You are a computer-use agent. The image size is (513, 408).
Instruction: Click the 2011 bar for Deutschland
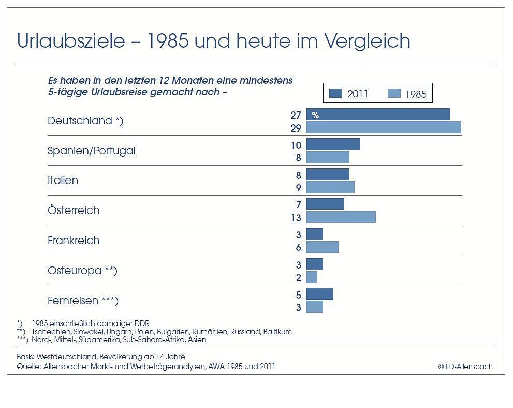tap(378, 115)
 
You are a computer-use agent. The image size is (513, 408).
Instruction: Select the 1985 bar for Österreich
tap(341, 217)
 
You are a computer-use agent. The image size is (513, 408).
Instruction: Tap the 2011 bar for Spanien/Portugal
tap(333, 145)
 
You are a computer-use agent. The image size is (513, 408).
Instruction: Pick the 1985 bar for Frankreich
tap(322, 247)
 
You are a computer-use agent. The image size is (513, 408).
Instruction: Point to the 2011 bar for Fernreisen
tap(319, 294)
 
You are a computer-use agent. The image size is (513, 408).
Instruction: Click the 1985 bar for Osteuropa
tap(312, 277)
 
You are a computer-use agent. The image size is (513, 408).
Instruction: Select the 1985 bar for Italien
tap(330, 187)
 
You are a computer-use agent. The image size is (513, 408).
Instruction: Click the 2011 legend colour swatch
tap(336, 93)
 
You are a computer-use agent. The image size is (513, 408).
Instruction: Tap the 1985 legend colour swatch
tap(394, 93)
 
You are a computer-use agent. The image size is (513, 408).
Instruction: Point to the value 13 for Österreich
tap(296, 218)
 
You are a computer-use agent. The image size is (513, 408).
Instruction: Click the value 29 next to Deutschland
tap(296, 128)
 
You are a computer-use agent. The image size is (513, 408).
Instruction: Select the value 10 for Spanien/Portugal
tap(296, 146)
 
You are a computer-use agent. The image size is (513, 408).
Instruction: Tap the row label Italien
tap(63, 180)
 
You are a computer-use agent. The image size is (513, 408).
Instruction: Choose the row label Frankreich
tap(74, 241)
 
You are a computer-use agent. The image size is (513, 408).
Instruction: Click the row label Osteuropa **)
tap(82, 271)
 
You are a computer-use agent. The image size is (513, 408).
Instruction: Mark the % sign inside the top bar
tap(315, 116)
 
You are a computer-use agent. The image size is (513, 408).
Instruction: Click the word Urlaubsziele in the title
tap(71, 41)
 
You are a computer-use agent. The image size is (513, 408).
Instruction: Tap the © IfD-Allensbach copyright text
tap(465, 367)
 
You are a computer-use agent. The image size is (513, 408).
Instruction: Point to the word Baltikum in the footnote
tap(277, 332)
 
